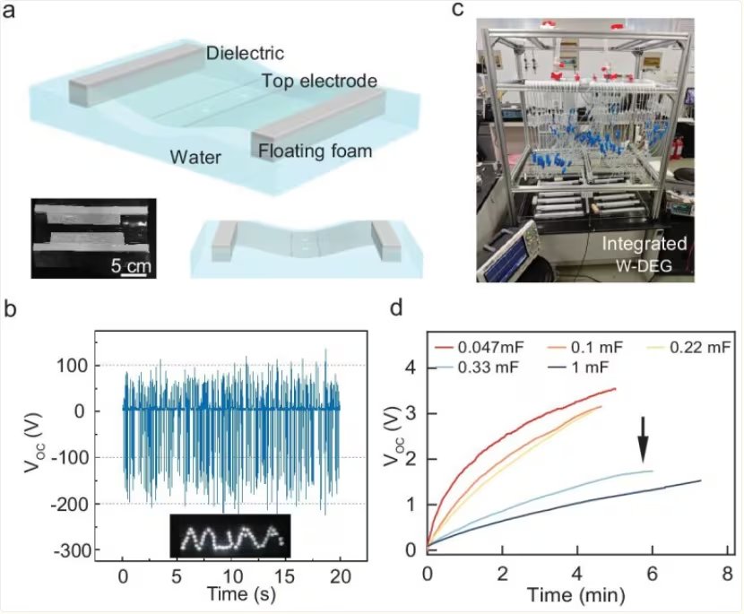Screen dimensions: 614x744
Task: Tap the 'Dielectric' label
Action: pos(243,53)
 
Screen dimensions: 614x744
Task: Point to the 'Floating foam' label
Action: pos(315,151)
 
